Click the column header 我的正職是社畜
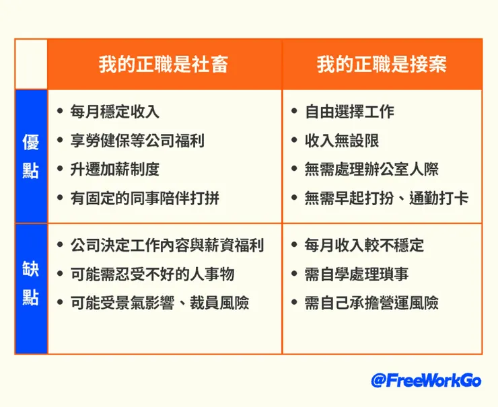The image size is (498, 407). point(164,64)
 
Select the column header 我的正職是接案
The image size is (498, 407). point(382,64)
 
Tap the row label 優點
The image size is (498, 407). point(30,155)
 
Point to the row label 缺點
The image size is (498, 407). point(30,285)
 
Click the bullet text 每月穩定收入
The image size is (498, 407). point(114,112)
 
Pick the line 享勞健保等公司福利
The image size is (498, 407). point(137,141)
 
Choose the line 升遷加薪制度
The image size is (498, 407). point(114,170)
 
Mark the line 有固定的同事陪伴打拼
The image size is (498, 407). point(144,198)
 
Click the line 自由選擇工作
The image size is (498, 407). point(349,112)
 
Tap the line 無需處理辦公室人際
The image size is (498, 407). point(371,170)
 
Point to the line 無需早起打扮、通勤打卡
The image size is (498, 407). point(386,198)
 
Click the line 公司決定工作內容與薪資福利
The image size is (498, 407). point(166,245)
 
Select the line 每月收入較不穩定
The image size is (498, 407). point(364,245)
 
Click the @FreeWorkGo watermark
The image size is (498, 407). point(426,380)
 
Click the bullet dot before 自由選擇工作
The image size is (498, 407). point(295,112)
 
